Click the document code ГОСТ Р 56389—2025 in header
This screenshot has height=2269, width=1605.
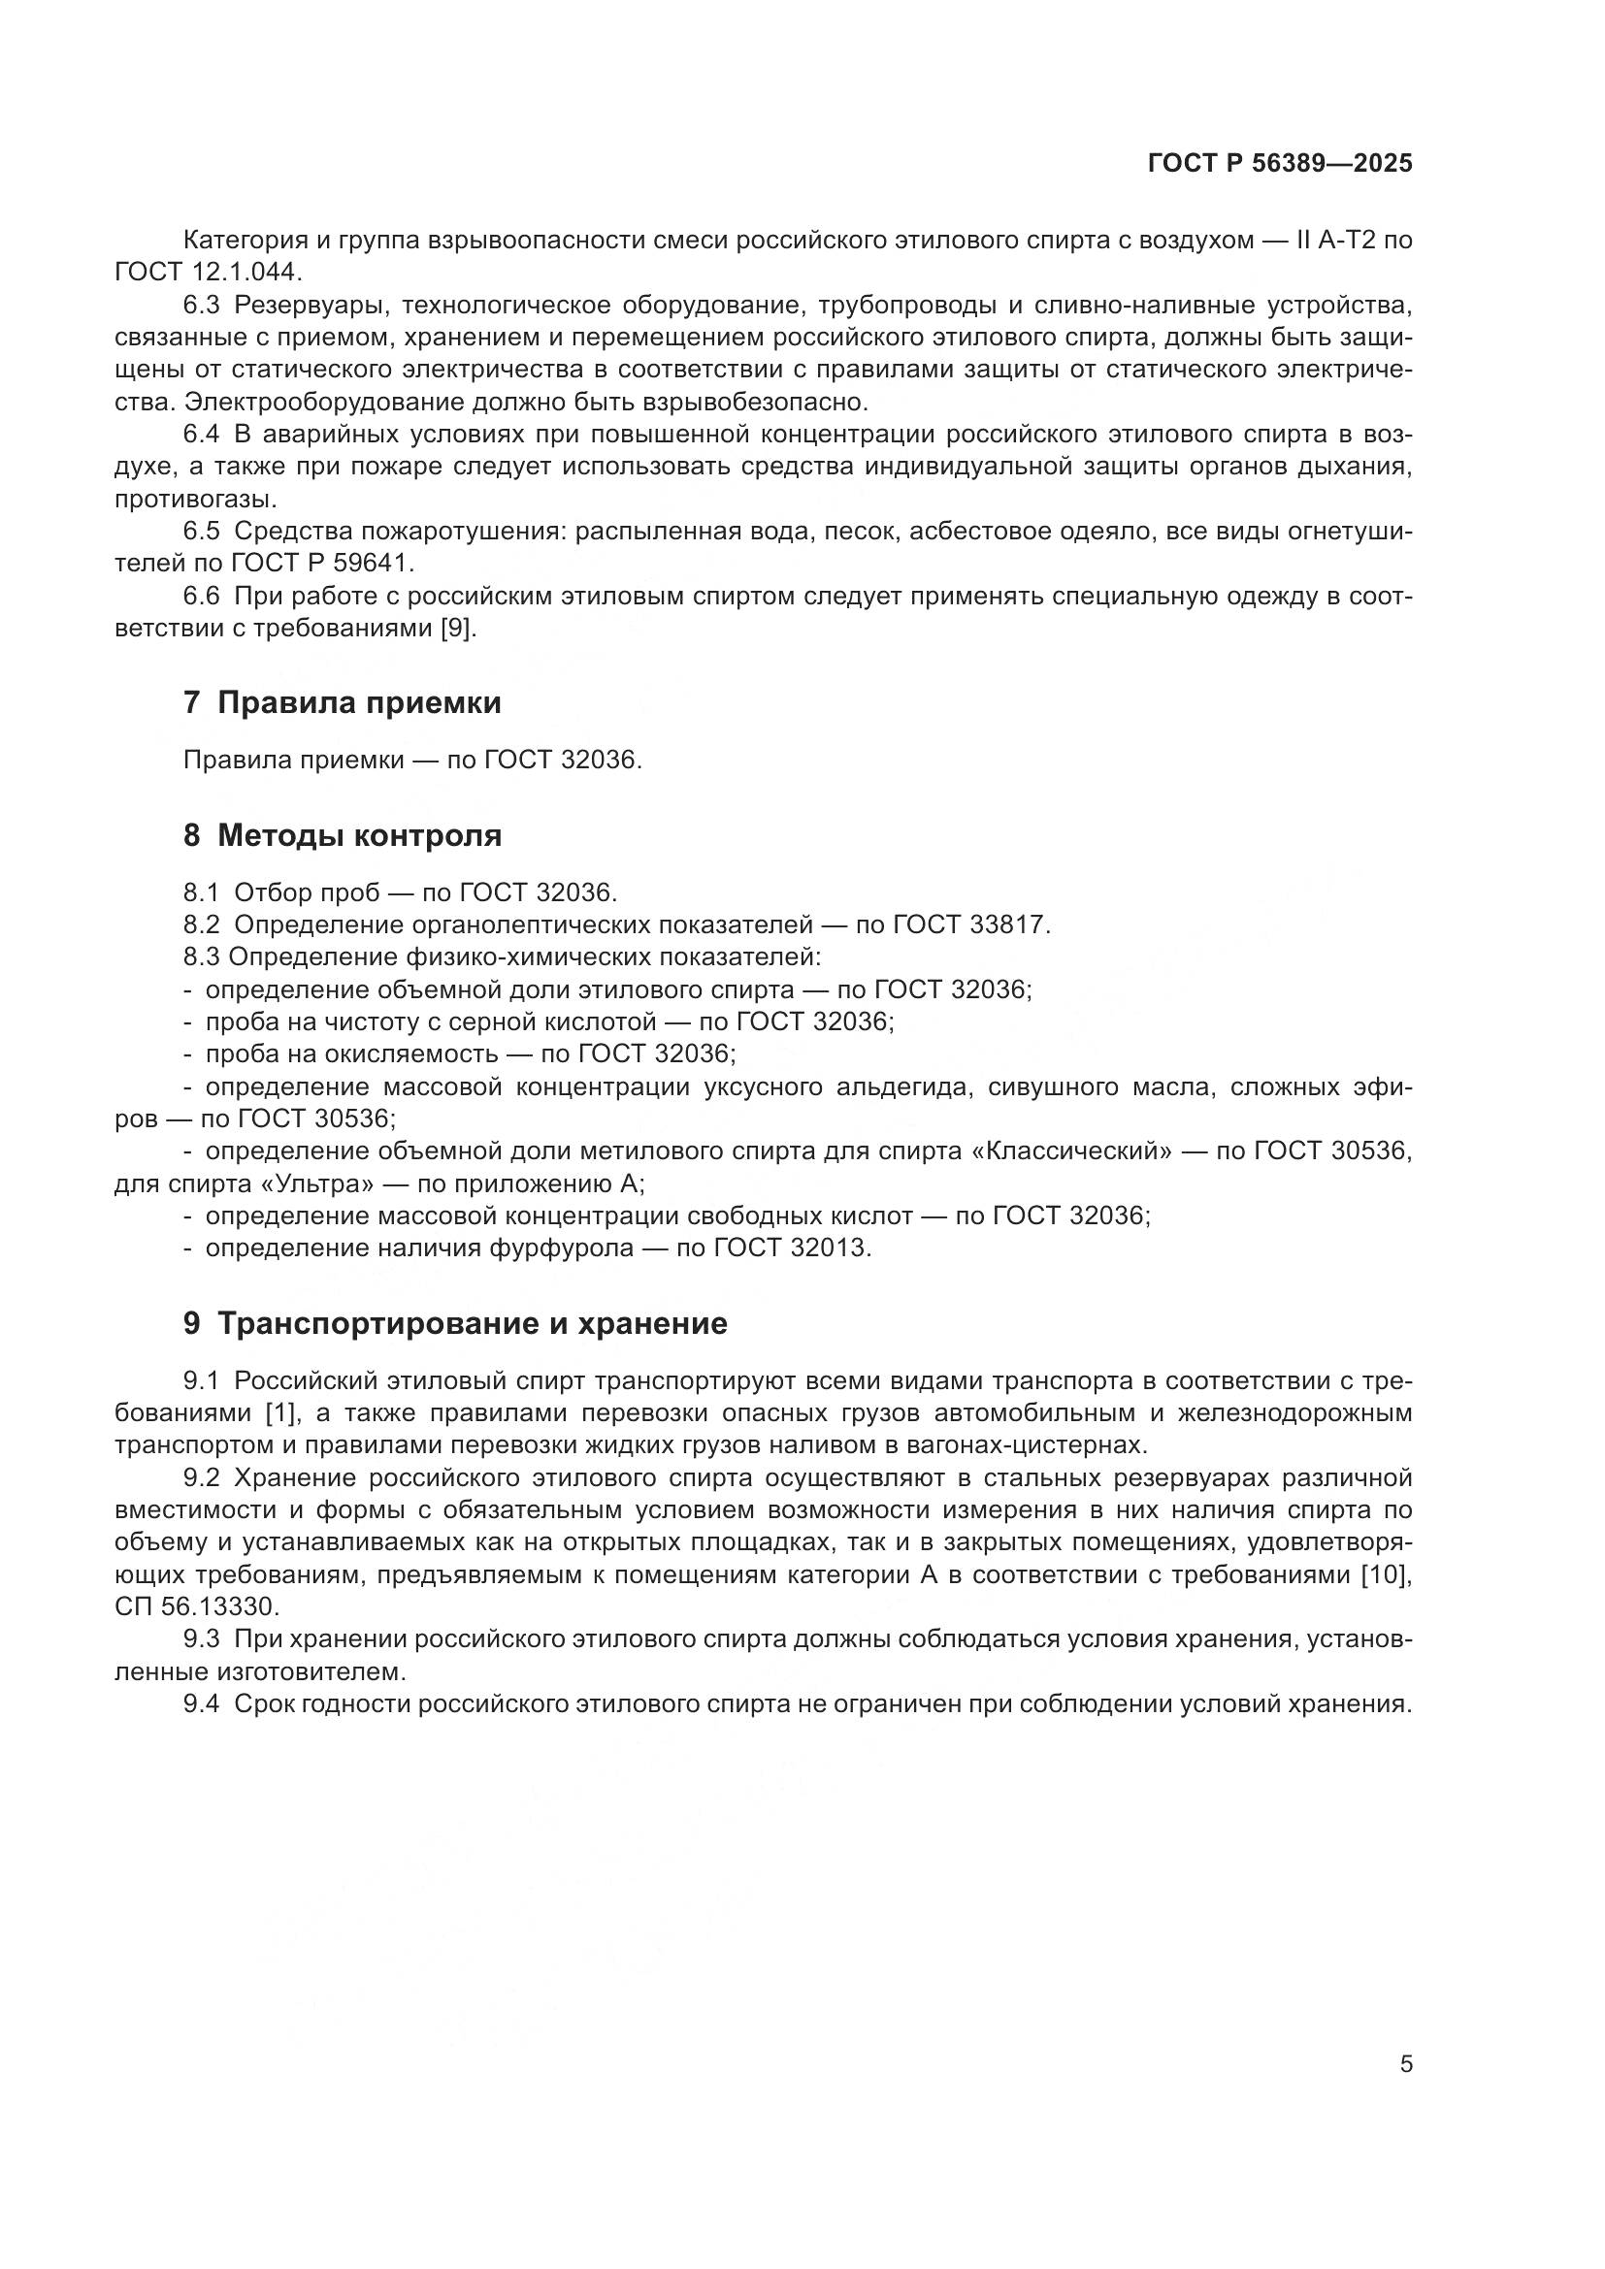click(x=1280, y=164)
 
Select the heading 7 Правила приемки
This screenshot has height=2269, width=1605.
click(x=342, y=702)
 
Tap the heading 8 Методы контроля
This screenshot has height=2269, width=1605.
click(x=342, y=835)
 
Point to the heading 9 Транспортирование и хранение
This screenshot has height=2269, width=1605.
click(x=454, y=1323)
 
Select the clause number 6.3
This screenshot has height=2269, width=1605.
click(x=202, y=306)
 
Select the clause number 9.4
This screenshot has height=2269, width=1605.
click(x=202, y=1703)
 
